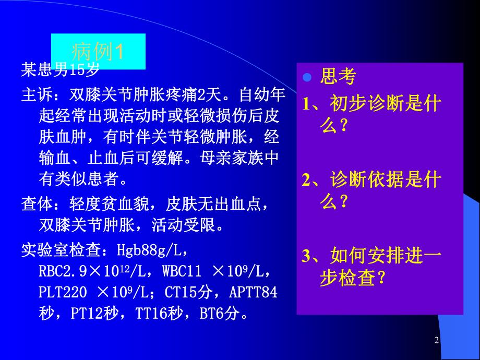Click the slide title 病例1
point(98,52)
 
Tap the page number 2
point(437,340)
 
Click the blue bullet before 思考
point(307,77)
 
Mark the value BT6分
point(222,314)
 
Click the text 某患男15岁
point(60,68)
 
